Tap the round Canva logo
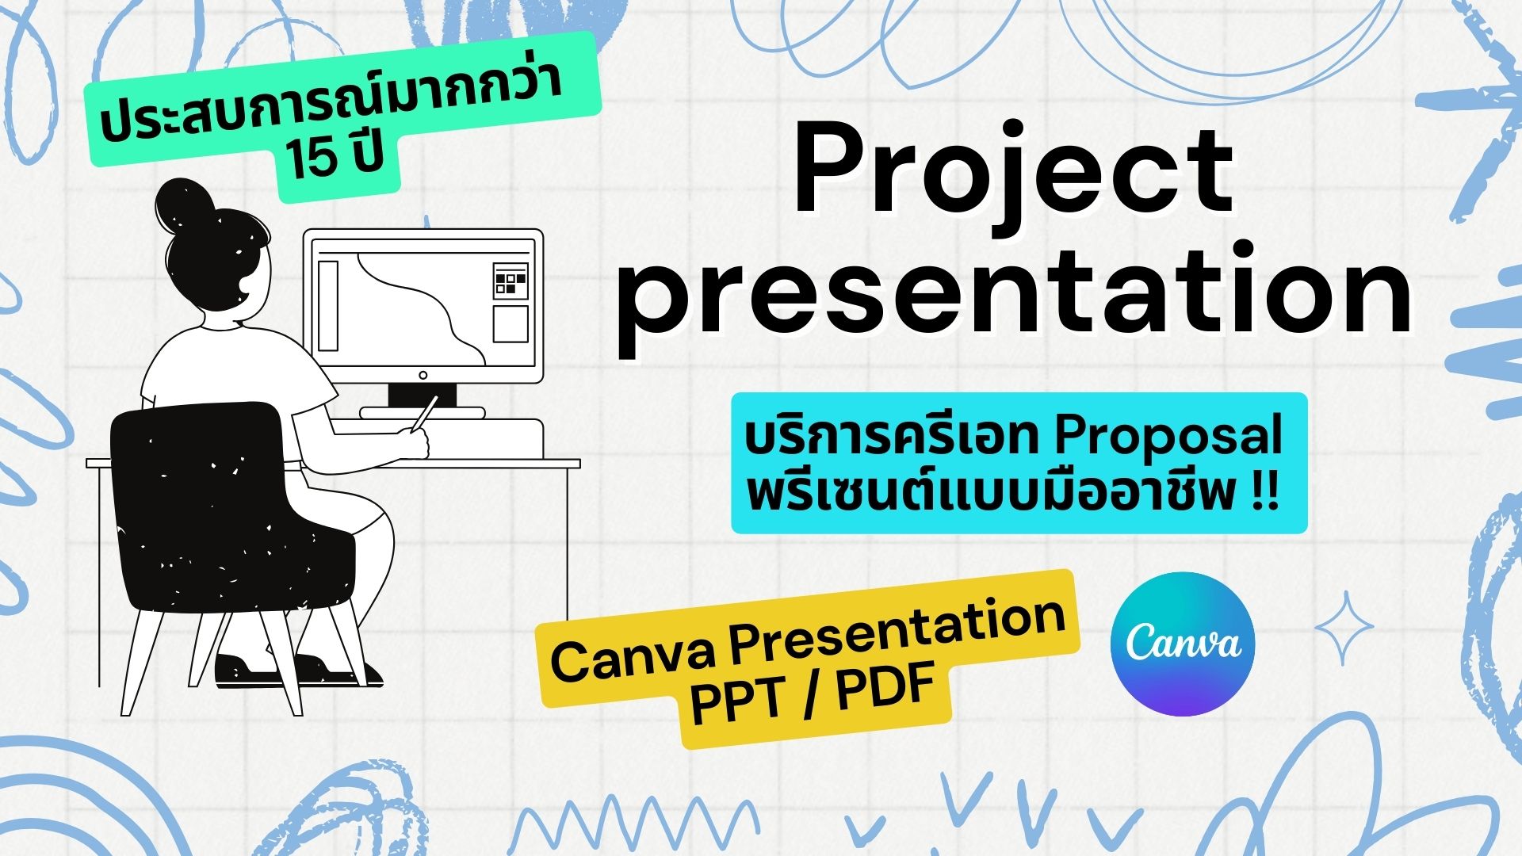pos(1183,644)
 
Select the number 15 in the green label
pos(308,164)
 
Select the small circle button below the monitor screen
pos(423,376)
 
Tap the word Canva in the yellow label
pos(635,655)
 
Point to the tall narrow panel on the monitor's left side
pos(328,305)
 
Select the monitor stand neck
pos(423,395)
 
